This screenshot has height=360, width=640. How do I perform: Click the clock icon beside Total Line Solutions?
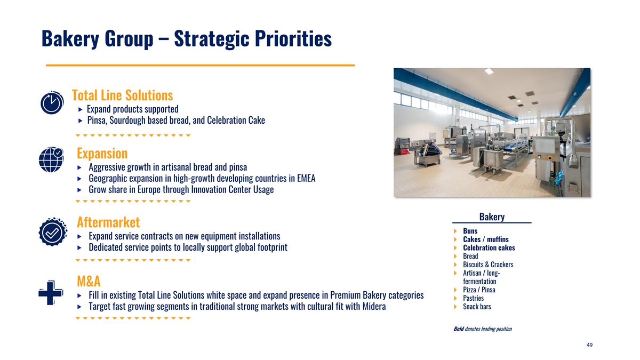(x=52, y=103)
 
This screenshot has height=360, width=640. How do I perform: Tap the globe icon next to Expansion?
(x=51, y=159)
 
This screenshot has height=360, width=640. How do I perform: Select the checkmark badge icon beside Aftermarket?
(x=53, y=231)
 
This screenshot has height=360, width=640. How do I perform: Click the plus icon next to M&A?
(x=51, y=293)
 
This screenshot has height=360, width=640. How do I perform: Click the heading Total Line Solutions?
(x=122, y=95)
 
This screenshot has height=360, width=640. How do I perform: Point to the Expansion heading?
(x=102, y=154)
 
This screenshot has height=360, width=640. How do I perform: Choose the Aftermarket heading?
(x=108, y=222)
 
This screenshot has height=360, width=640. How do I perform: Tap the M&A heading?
(x=89, y=282)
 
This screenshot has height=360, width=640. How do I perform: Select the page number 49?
(x=589, y=345)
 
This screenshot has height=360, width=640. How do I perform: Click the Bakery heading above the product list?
(x=492, y=217)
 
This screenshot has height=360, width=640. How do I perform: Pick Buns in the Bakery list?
(x=470, y=231)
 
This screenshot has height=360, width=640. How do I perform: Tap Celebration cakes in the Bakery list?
(x=489, y=247)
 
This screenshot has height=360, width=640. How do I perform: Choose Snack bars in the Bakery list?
(x=477, y=307)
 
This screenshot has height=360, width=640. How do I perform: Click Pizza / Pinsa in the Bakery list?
(x=479, y=290)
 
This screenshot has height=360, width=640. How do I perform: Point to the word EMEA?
(x=306, y=178)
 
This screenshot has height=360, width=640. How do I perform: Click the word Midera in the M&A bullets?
(x=374, y=306)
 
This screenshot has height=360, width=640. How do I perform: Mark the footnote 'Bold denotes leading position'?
(x=483, y=329)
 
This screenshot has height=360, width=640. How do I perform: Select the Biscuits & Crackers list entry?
(x=488, y=265)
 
